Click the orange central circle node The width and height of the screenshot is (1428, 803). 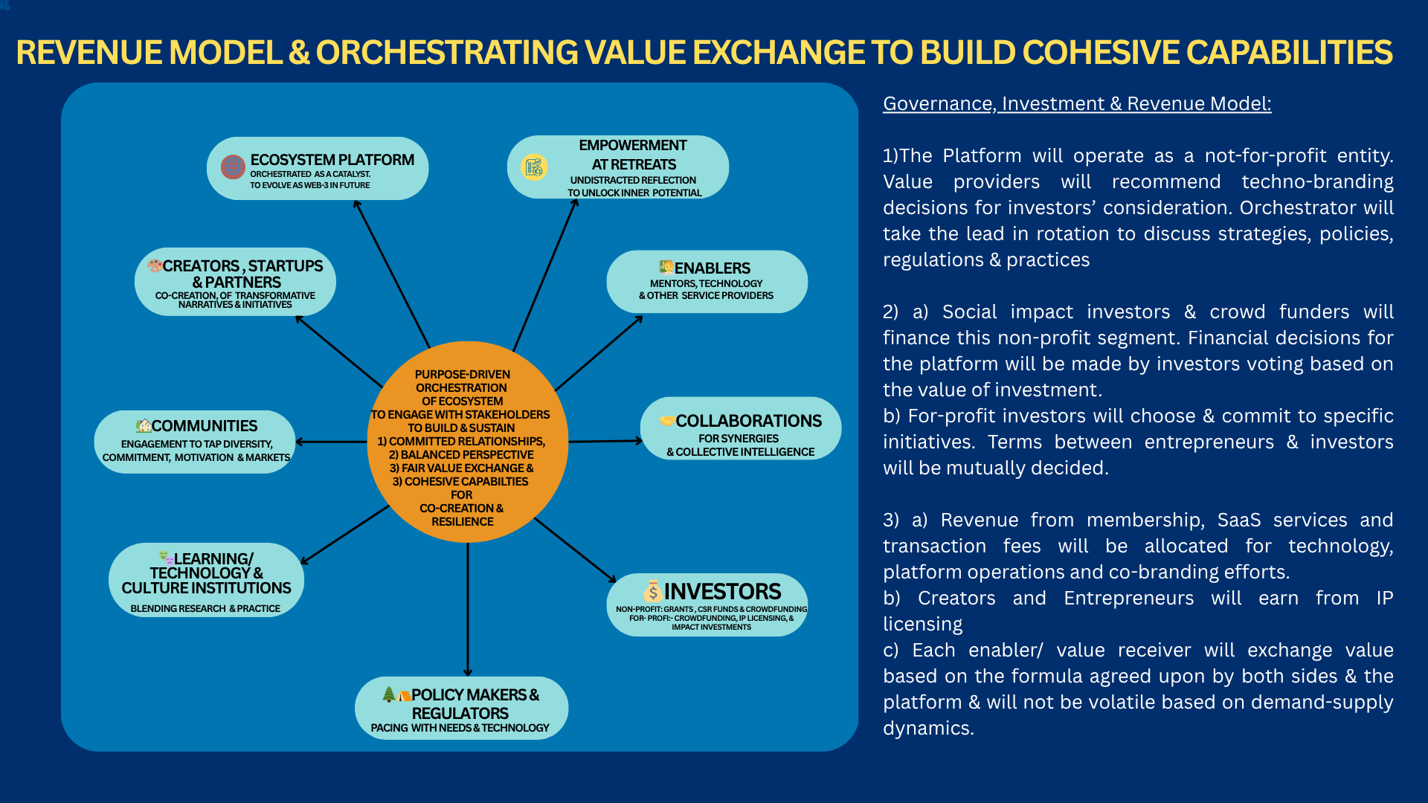[x=467, y=442]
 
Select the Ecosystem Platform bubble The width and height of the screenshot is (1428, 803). [x=318, y=169]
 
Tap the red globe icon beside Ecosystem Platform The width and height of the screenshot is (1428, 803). [x=233, y=167]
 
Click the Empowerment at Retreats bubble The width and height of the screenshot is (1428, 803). [x=618, y=167]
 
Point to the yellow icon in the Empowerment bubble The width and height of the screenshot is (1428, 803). [x=534, y=167]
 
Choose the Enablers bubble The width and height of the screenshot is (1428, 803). [x=707, y=282]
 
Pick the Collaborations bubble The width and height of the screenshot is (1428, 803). [x=741, y=428]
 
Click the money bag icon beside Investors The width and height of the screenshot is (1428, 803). [x=652, y=591]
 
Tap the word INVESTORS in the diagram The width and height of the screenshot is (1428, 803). [x=722, y=591]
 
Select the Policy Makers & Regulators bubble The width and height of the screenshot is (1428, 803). [x=461, y=708]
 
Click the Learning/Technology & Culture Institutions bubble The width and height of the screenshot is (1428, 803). [x=206, y=580]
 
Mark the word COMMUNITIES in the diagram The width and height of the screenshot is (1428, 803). [x=205, y=426]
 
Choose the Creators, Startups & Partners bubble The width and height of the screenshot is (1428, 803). [x=235, y=282]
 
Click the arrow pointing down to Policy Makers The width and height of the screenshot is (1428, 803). [x=468, y=610]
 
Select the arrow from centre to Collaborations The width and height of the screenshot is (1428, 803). [x=605, y=441]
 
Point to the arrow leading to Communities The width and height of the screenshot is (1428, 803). [x=331, y=442]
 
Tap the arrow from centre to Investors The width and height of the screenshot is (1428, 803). [x=575, y=550]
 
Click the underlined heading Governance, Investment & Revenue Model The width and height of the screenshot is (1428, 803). [x=1077, y=103]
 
